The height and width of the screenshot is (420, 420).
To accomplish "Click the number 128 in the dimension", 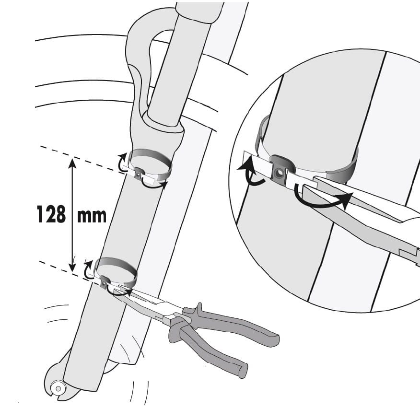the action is pyautogui.click(x=51, y=214).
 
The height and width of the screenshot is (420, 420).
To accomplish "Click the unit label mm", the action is pyautogui.click(x=92, y=216).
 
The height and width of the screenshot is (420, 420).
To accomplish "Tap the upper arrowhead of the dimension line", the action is pyautogui.click(x=72, y=163).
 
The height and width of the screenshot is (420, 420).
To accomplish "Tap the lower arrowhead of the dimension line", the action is pyautogui.click(x=72, y=267).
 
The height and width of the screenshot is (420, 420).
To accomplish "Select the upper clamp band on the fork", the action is pyautogui.click(x=150, y=165).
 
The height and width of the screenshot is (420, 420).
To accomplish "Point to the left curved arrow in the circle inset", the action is pyautogui.click(x=249, y=172).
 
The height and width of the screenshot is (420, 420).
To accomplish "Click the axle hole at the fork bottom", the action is pyautogui.click(x=58, y=388).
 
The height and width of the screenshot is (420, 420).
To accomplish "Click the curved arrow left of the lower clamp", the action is pyautogui.click(x=87, y=269).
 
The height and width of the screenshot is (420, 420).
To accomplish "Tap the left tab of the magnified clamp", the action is pyautogui.click(x=257, y=164).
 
